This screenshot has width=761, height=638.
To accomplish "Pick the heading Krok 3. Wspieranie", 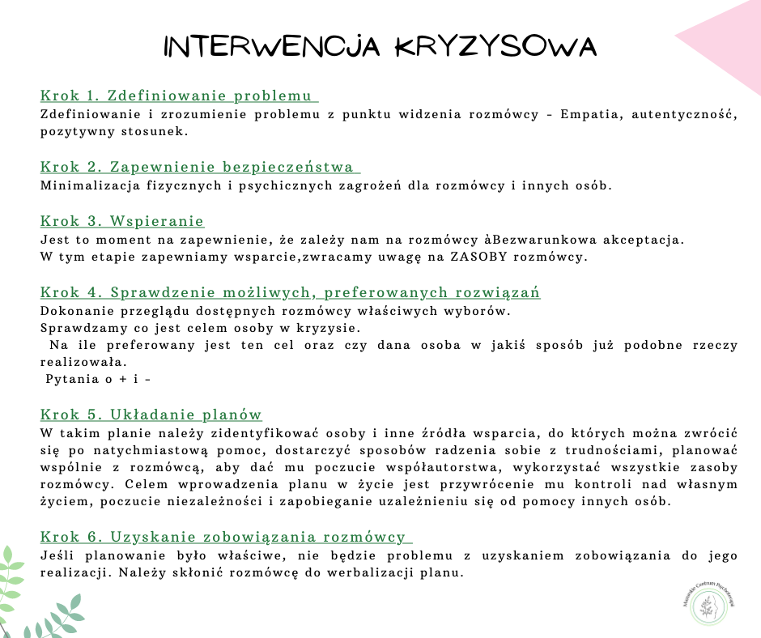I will [122, 221].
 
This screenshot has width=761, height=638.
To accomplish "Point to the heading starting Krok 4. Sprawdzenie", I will [290, 292].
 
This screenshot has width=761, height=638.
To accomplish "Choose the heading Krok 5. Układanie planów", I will [151, 415].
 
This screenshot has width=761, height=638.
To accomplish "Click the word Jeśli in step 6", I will [57, 555].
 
